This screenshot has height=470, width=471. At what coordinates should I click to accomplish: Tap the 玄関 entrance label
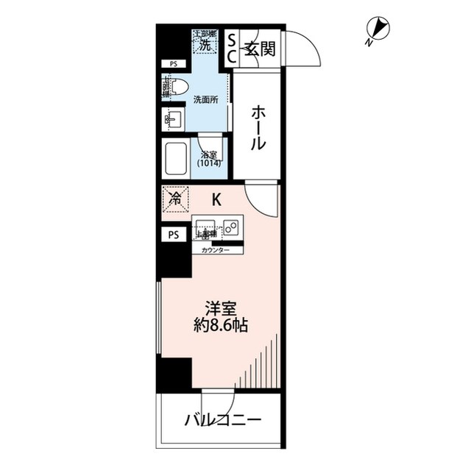click(261, 49)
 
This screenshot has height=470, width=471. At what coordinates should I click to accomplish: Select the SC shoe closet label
click(230, 48)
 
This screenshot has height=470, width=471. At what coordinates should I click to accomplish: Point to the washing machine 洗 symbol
click(205, 43)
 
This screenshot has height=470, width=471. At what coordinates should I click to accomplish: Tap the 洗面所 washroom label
click(205, 99)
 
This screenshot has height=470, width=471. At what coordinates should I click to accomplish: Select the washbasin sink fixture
click(174, 118)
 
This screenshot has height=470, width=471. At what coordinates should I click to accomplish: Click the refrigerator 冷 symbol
click(176, 198)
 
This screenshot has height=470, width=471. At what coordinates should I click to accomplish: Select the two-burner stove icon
click(231, 227)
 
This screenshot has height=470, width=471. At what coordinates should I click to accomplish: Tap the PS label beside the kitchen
click(174, 235)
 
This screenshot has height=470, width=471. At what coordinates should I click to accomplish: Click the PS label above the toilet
click(174, 64)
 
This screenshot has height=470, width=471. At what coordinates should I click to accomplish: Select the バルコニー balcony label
click(222, 421)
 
